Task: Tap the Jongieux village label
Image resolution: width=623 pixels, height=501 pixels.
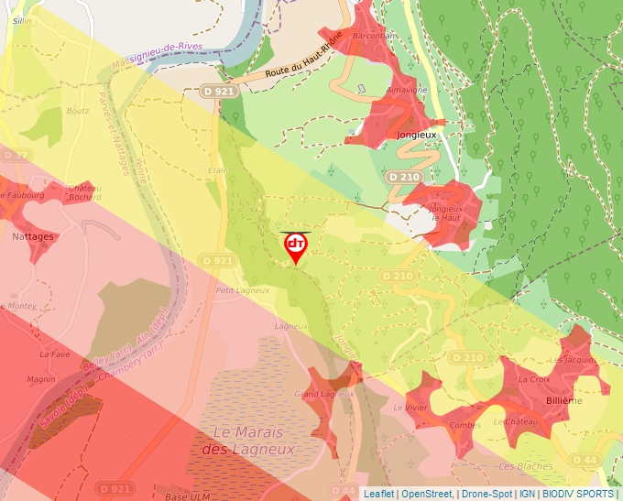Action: [x=418, y=134]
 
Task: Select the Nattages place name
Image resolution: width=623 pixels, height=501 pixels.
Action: [x=32, y=235]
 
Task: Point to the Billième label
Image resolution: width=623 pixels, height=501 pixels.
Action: [x=563, y=400]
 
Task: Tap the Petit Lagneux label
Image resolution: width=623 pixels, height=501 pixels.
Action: [x=242, y=290]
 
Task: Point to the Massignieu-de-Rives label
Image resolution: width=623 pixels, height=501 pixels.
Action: [x=155, y=54]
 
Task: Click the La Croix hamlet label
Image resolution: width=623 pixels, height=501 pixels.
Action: [x=534, y=379]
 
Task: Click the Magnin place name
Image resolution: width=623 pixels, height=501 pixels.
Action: [x=41, y=378]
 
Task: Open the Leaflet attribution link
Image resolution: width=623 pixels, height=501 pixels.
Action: [x=379, y=494]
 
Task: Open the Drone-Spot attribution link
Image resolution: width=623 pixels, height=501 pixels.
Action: [x=486, y=494]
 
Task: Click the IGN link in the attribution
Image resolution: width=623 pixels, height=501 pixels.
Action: [x=527, y=494]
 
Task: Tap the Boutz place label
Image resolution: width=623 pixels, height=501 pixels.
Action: [x=78, y=111]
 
